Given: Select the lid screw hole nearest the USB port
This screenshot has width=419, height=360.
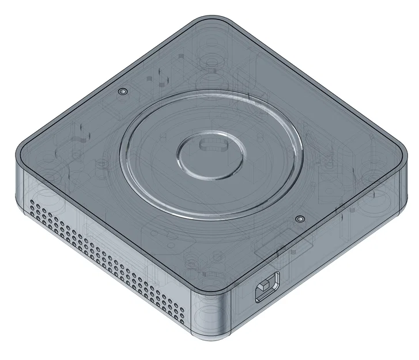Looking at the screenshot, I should click(x=299, y=219).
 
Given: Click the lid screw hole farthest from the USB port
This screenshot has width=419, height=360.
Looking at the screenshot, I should click(x=122, y=92).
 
